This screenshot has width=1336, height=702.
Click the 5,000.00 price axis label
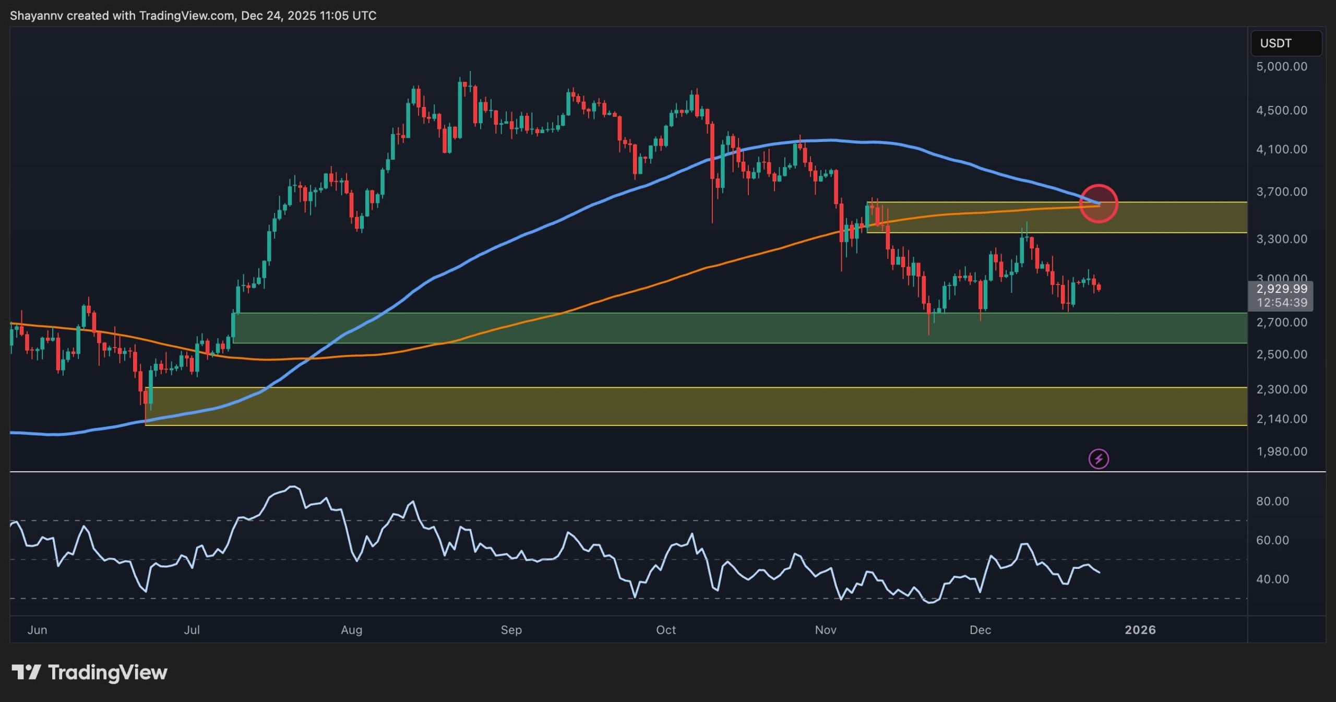coord(1281,67)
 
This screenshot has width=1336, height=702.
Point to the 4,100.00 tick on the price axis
coord(1281,150)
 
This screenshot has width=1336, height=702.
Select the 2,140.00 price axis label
coord(1281,419)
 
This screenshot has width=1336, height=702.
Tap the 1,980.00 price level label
coord(1281,451)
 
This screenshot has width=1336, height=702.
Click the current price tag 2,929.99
coord(1281,289)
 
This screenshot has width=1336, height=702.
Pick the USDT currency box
coord(1286,43)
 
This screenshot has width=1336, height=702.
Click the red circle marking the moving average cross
coord(1099,204)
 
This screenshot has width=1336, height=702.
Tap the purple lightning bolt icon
coord(1099,459)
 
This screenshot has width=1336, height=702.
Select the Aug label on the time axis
coord(351,630)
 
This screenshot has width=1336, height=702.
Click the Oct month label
coord(665,630)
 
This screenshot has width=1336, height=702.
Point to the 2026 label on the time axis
coord(1140,630)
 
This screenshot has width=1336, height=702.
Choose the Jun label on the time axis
coord(37,630)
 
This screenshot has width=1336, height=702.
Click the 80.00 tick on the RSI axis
coord(1272,502)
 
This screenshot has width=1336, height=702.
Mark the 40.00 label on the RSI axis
coord(1272,579)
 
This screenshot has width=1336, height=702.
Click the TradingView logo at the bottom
coord(89,672)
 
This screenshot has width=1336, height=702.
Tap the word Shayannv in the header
coord(36,16)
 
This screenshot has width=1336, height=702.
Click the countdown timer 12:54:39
coord(1281,303)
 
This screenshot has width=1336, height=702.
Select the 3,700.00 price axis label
coord(1281,192)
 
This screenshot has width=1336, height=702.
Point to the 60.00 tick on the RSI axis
coord(1272,540)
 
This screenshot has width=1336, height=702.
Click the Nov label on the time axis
coord(825,630)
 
